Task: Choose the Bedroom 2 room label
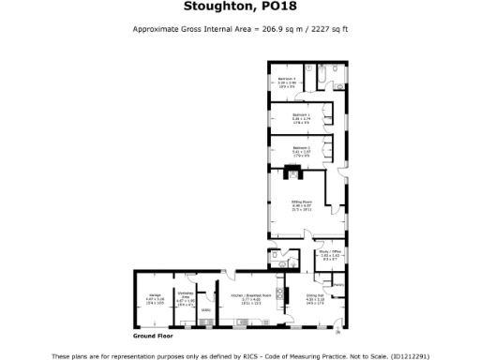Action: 301,149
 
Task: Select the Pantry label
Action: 338,285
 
